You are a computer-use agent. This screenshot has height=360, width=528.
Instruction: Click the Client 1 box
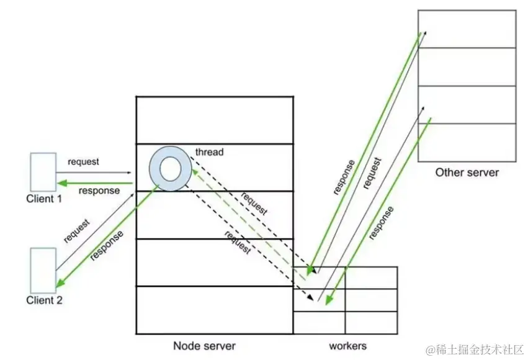[x=44, y=171]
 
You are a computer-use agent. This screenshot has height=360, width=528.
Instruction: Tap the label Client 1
[x=44, y=199]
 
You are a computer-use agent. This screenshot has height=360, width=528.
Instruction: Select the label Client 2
[x=44, y=300]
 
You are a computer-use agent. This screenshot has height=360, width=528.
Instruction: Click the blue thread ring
[x=169, y=168]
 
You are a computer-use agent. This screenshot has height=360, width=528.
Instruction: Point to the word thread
[x=209, y=152]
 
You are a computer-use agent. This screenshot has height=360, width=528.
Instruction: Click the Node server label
[x=204, y=346]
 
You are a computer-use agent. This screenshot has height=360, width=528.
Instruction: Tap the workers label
[x=346, y=346]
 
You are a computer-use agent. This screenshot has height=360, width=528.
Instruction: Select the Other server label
[x=467, y=172]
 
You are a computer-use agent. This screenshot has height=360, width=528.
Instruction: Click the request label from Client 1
[x=84, y=161]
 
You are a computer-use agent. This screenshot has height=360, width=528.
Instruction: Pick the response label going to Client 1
[x=99, y=191]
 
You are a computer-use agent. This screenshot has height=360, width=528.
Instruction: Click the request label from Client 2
[x=76, y=230]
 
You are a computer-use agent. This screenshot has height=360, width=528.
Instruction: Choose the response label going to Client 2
[x=106, y=245]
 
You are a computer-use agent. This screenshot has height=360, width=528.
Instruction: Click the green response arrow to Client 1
[x=96, y=182]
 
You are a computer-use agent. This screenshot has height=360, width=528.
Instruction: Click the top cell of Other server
[x=467, y=29]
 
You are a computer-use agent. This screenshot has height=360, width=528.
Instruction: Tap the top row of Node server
[x=214, y=120]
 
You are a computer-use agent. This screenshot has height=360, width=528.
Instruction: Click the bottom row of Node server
[x=214, y=310]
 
